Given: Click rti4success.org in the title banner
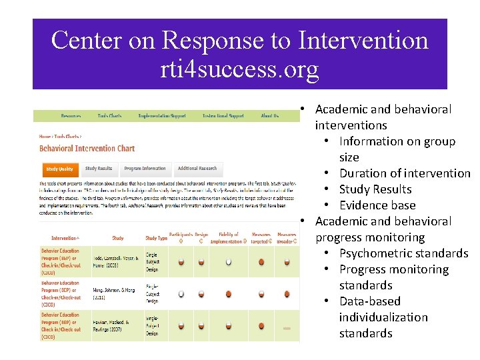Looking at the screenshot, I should point(239,69).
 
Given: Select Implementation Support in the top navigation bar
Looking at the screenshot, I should point(161,116).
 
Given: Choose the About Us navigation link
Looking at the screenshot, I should point(270,116).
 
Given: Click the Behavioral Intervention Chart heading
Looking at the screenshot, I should point(87,148).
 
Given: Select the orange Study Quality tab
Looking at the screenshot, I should point(60,169).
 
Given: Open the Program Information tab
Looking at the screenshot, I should point(145,169).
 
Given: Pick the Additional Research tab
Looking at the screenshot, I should point(197,169).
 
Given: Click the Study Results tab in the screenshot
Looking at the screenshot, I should point(99,169).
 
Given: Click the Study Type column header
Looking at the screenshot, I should point(156,238).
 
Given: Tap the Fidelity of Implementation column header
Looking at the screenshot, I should point(228,237).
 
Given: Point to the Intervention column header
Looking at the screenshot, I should point(65,238).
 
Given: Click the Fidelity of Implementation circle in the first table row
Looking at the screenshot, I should point(229,262).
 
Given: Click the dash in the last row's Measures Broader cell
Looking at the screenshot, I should point(287,328).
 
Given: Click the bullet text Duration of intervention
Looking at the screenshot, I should point(405,173).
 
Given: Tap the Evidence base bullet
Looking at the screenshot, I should point(377,205).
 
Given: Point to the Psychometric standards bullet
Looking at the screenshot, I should point(403,253).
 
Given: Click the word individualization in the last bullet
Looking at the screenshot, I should point(383,317).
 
